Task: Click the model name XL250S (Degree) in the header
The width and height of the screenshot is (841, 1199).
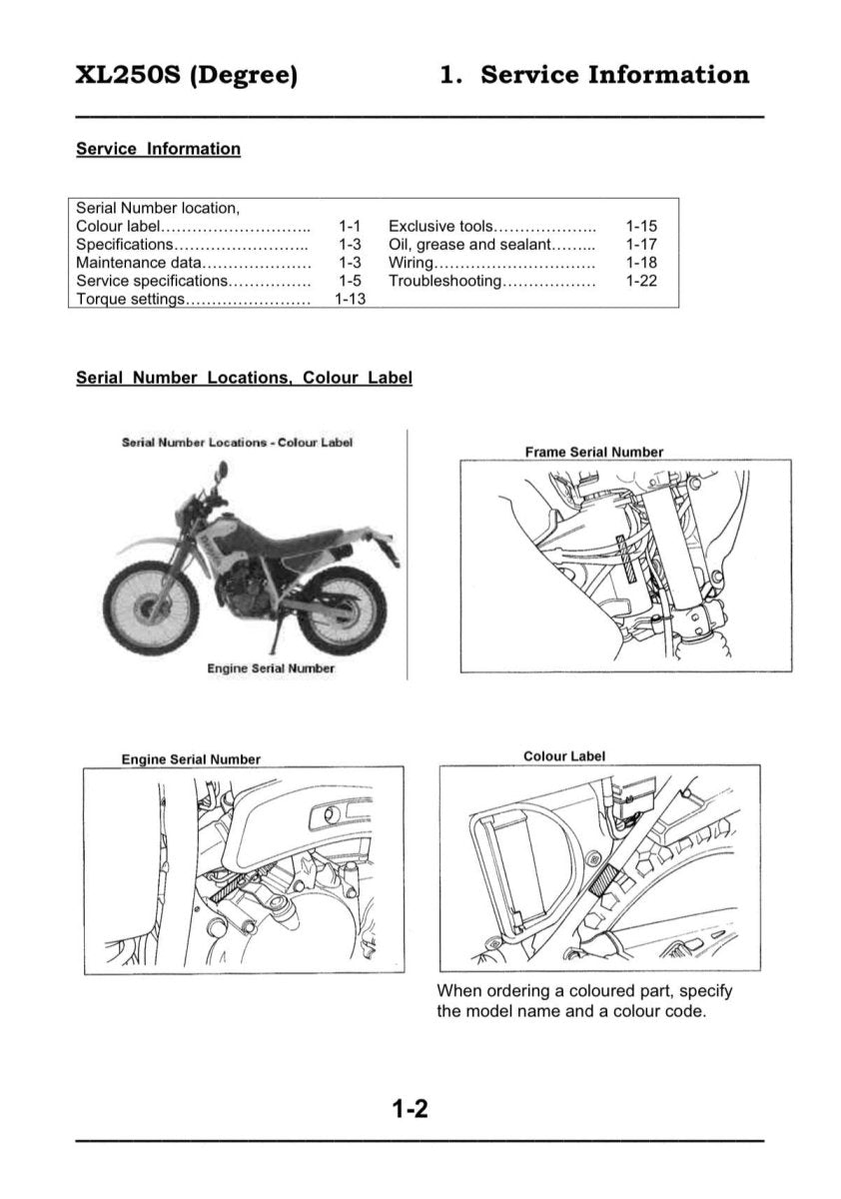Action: tap(187, 75)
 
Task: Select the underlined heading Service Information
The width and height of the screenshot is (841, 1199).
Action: tap(158, 149)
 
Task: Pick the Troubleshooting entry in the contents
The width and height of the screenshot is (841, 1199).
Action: tap(444, 281)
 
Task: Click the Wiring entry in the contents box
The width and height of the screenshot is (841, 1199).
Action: tap(411, 263)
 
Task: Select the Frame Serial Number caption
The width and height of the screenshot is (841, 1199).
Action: tap(593, 452)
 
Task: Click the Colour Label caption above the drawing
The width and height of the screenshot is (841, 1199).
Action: tap(563, 756)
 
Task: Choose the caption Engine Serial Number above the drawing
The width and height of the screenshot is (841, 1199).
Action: tap(191, 759)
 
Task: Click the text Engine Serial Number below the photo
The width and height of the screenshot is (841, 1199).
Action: tap(271, 667)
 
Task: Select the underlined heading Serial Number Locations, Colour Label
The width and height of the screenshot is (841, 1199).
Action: tap(244, 379)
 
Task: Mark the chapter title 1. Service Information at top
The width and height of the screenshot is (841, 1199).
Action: tap(594, 75)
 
